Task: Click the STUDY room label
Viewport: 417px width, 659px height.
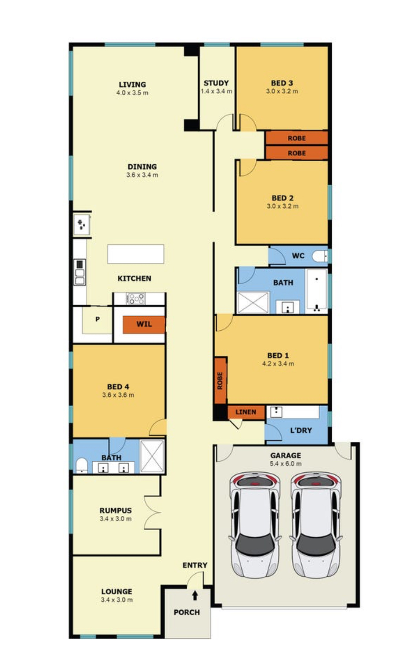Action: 216,83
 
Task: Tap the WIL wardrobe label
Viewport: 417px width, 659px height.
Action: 144,324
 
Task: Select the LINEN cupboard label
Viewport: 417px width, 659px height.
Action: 246,412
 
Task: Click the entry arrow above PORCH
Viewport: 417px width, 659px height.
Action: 195,596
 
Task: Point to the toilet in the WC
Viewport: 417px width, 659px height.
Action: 320,257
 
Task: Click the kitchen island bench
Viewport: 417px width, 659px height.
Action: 136,254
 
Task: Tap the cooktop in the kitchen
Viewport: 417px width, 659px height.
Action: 135,299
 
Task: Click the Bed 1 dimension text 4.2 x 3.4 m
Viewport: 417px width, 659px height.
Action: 278,364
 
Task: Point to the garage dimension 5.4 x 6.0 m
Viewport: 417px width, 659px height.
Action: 286,464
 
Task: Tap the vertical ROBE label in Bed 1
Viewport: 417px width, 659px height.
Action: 220,381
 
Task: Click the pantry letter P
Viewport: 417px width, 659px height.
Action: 97,319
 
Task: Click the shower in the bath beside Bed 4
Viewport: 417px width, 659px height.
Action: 152,456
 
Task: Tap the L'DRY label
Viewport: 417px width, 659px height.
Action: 301,430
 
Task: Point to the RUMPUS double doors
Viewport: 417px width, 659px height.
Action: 153,513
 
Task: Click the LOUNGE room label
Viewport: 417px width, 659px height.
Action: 117,591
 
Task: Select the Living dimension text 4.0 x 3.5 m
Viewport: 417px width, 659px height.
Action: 132,93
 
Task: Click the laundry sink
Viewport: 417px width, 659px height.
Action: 276,412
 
